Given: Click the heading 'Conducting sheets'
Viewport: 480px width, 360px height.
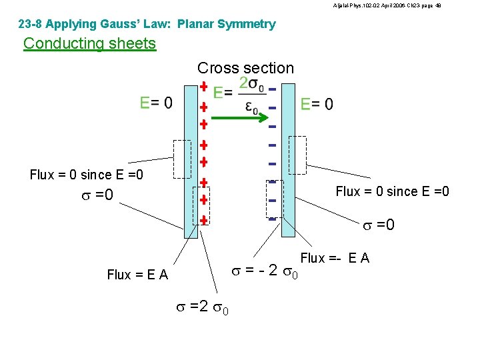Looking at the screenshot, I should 89,44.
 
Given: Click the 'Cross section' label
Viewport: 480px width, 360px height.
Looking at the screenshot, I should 245,68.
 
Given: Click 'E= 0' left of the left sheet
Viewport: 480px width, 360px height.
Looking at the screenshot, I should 156,103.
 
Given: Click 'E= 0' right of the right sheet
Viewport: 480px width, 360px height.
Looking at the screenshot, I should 317,104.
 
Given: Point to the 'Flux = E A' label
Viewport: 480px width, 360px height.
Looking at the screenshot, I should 137,275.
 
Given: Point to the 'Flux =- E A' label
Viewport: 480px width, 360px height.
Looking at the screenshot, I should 335,258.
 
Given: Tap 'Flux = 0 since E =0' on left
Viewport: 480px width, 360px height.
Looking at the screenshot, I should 87,175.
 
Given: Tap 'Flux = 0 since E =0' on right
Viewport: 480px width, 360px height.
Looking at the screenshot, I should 393,192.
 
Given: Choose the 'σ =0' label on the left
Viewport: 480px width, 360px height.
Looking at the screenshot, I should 95,195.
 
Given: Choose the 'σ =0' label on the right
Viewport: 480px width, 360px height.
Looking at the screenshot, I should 378,225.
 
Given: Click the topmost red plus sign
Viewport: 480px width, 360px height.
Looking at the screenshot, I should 204,87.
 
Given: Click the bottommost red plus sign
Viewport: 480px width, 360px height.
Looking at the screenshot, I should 204,220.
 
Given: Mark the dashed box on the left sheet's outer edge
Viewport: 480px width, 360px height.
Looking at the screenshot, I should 182,159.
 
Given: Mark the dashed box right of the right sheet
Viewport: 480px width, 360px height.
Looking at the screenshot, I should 297,155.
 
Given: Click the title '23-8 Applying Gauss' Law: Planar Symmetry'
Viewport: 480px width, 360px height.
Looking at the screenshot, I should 147,25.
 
